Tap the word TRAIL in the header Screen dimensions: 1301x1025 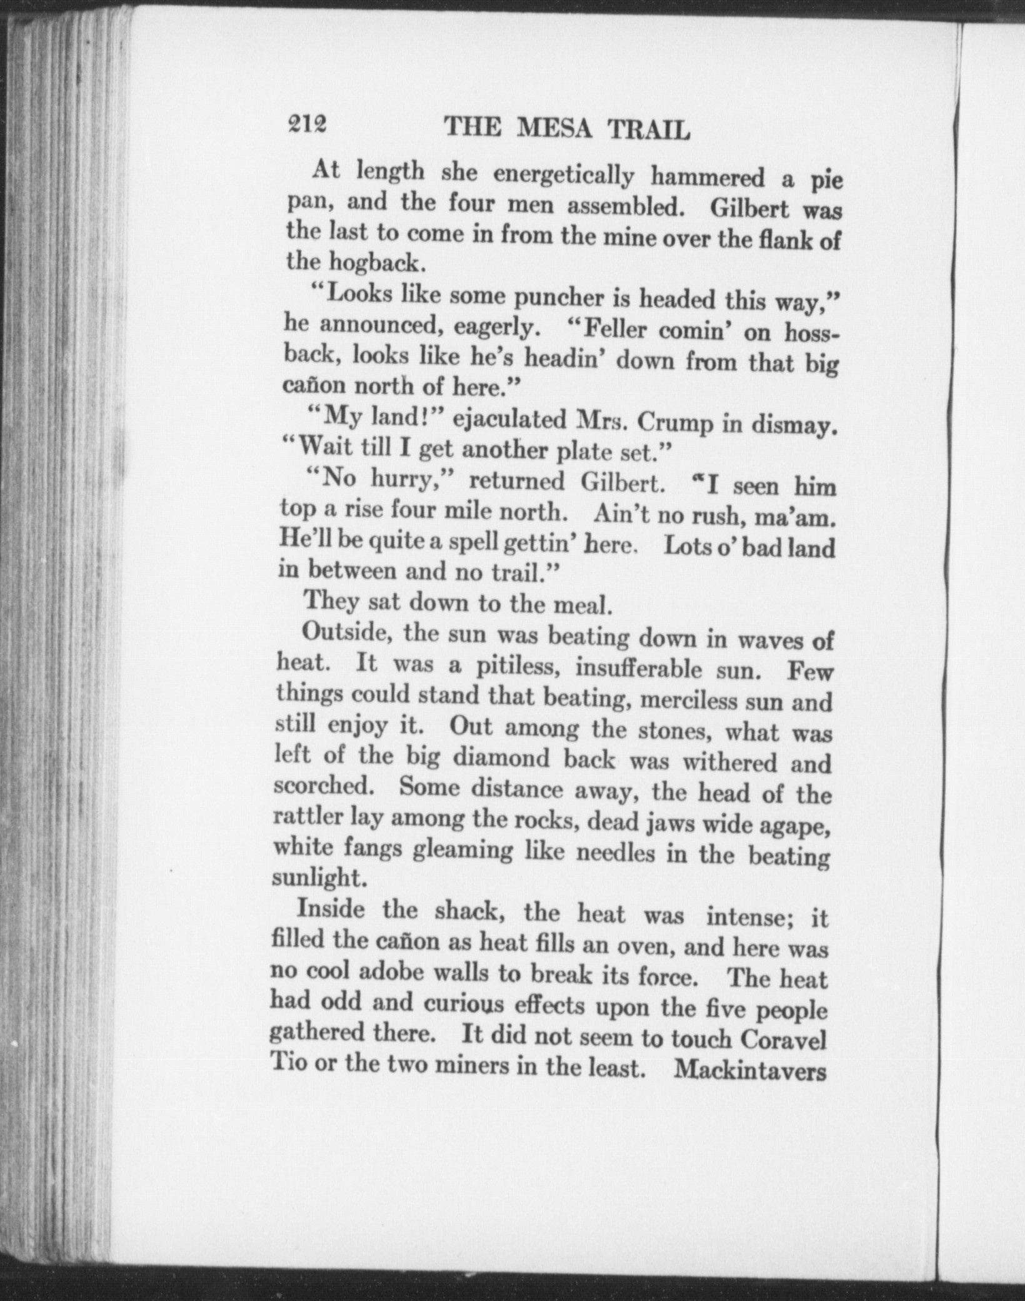point(649,130)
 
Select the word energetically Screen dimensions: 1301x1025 point(563,176)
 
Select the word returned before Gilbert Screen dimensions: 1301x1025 point(516,482)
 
